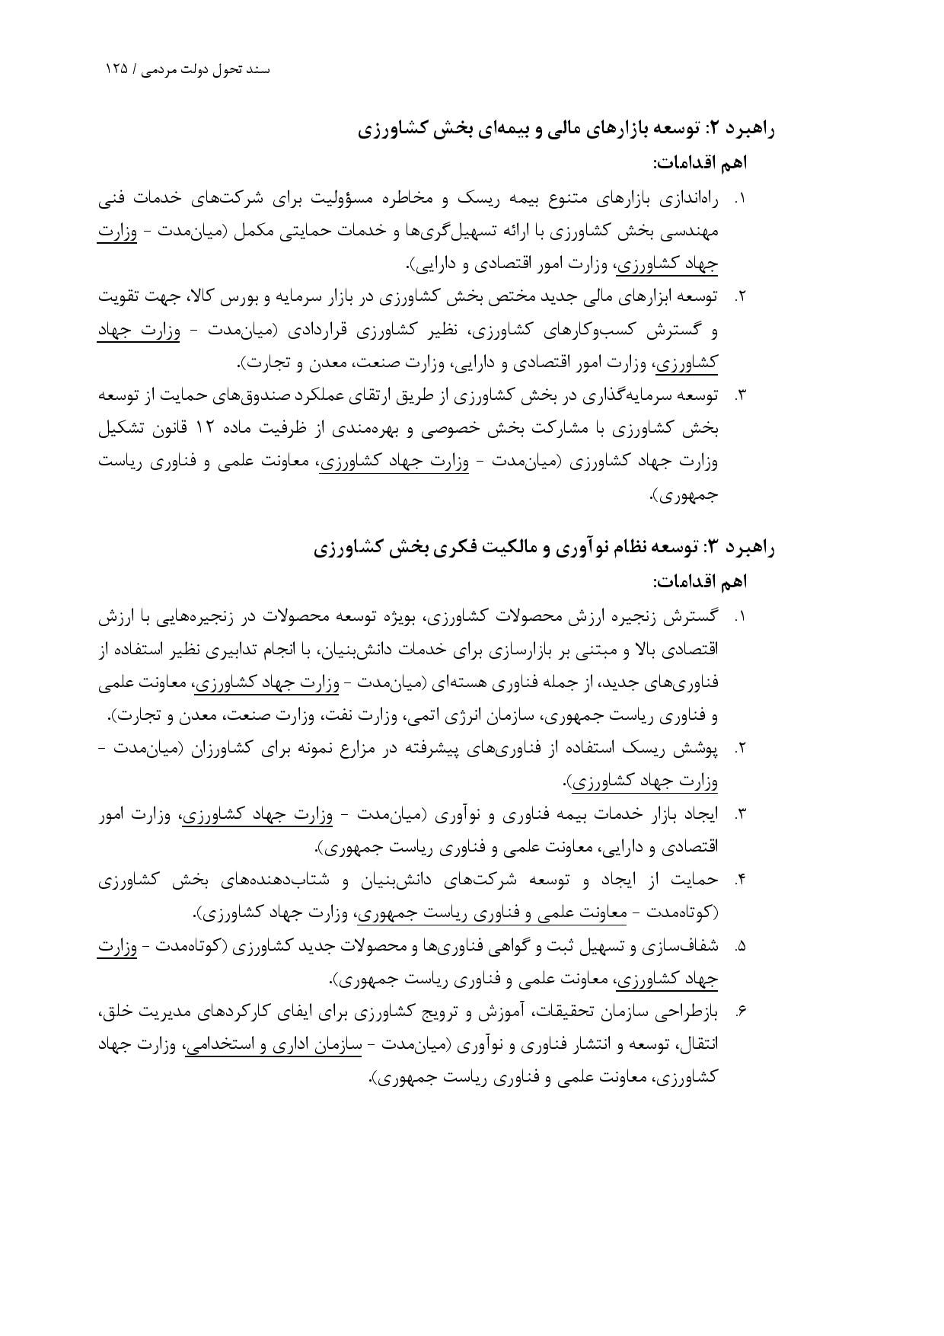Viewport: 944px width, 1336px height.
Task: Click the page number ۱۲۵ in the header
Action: [116, 69]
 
